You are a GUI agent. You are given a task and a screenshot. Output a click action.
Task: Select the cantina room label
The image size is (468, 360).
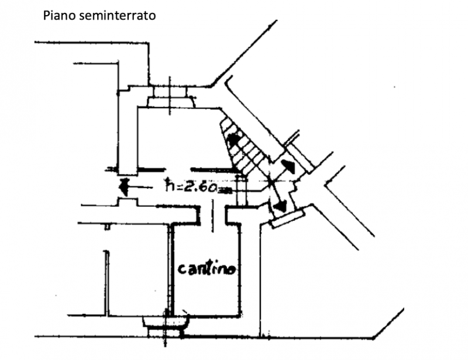pyautogui.click(x=208, y=269)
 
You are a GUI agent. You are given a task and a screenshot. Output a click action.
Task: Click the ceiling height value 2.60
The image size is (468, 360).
pyautogui.click(x=199, y=187)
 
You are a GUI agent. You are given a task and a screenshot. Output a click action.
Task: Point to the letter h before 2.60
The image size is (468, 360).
pyautogui.click(x=170, y=185)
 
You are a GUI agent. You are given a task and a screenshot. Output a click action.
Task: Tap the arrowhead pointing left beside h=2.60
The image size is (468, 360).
pyautogui.click(x=122, y=187)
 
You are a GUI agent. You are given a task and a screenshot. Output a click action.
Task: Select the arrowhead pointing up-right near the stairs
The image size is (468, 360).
pyautogui.click(x=288, y=165)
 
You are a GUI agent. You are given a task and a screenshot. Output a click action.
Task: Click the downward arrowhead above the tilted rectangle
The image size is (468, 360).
pyautogui.click(x=280, y=205)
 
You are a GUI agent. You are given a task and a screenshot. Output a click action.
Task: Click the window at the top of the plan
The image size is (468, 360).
pyautogui.click(x=170, y=96)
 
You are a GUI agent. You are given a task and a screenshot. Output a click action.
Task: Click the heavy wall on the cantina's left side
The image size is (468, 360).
pyautogui.click(x=170, y=269)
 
